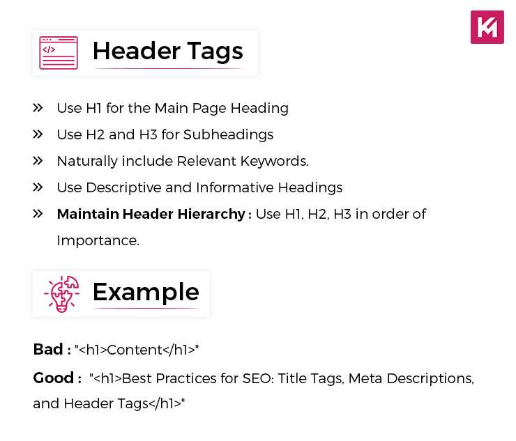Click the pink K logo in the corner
(x=487, y=27)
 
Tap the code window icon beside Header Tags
(x=59, y=53)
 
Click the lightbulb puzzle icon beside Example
(x=61, y=294)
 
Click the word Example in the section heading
(x=146, y=292)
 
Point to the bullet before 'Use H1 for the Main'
(x=38, y=108)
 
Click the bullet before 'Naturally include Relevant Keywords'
(x=38, y=161)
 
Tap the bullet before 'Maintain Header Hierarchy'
(x=38, y=214)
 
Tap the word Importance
(x=98, y=240)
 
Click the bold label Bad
(x=47, y=349)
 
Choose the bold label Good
(x=53, y=378)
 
